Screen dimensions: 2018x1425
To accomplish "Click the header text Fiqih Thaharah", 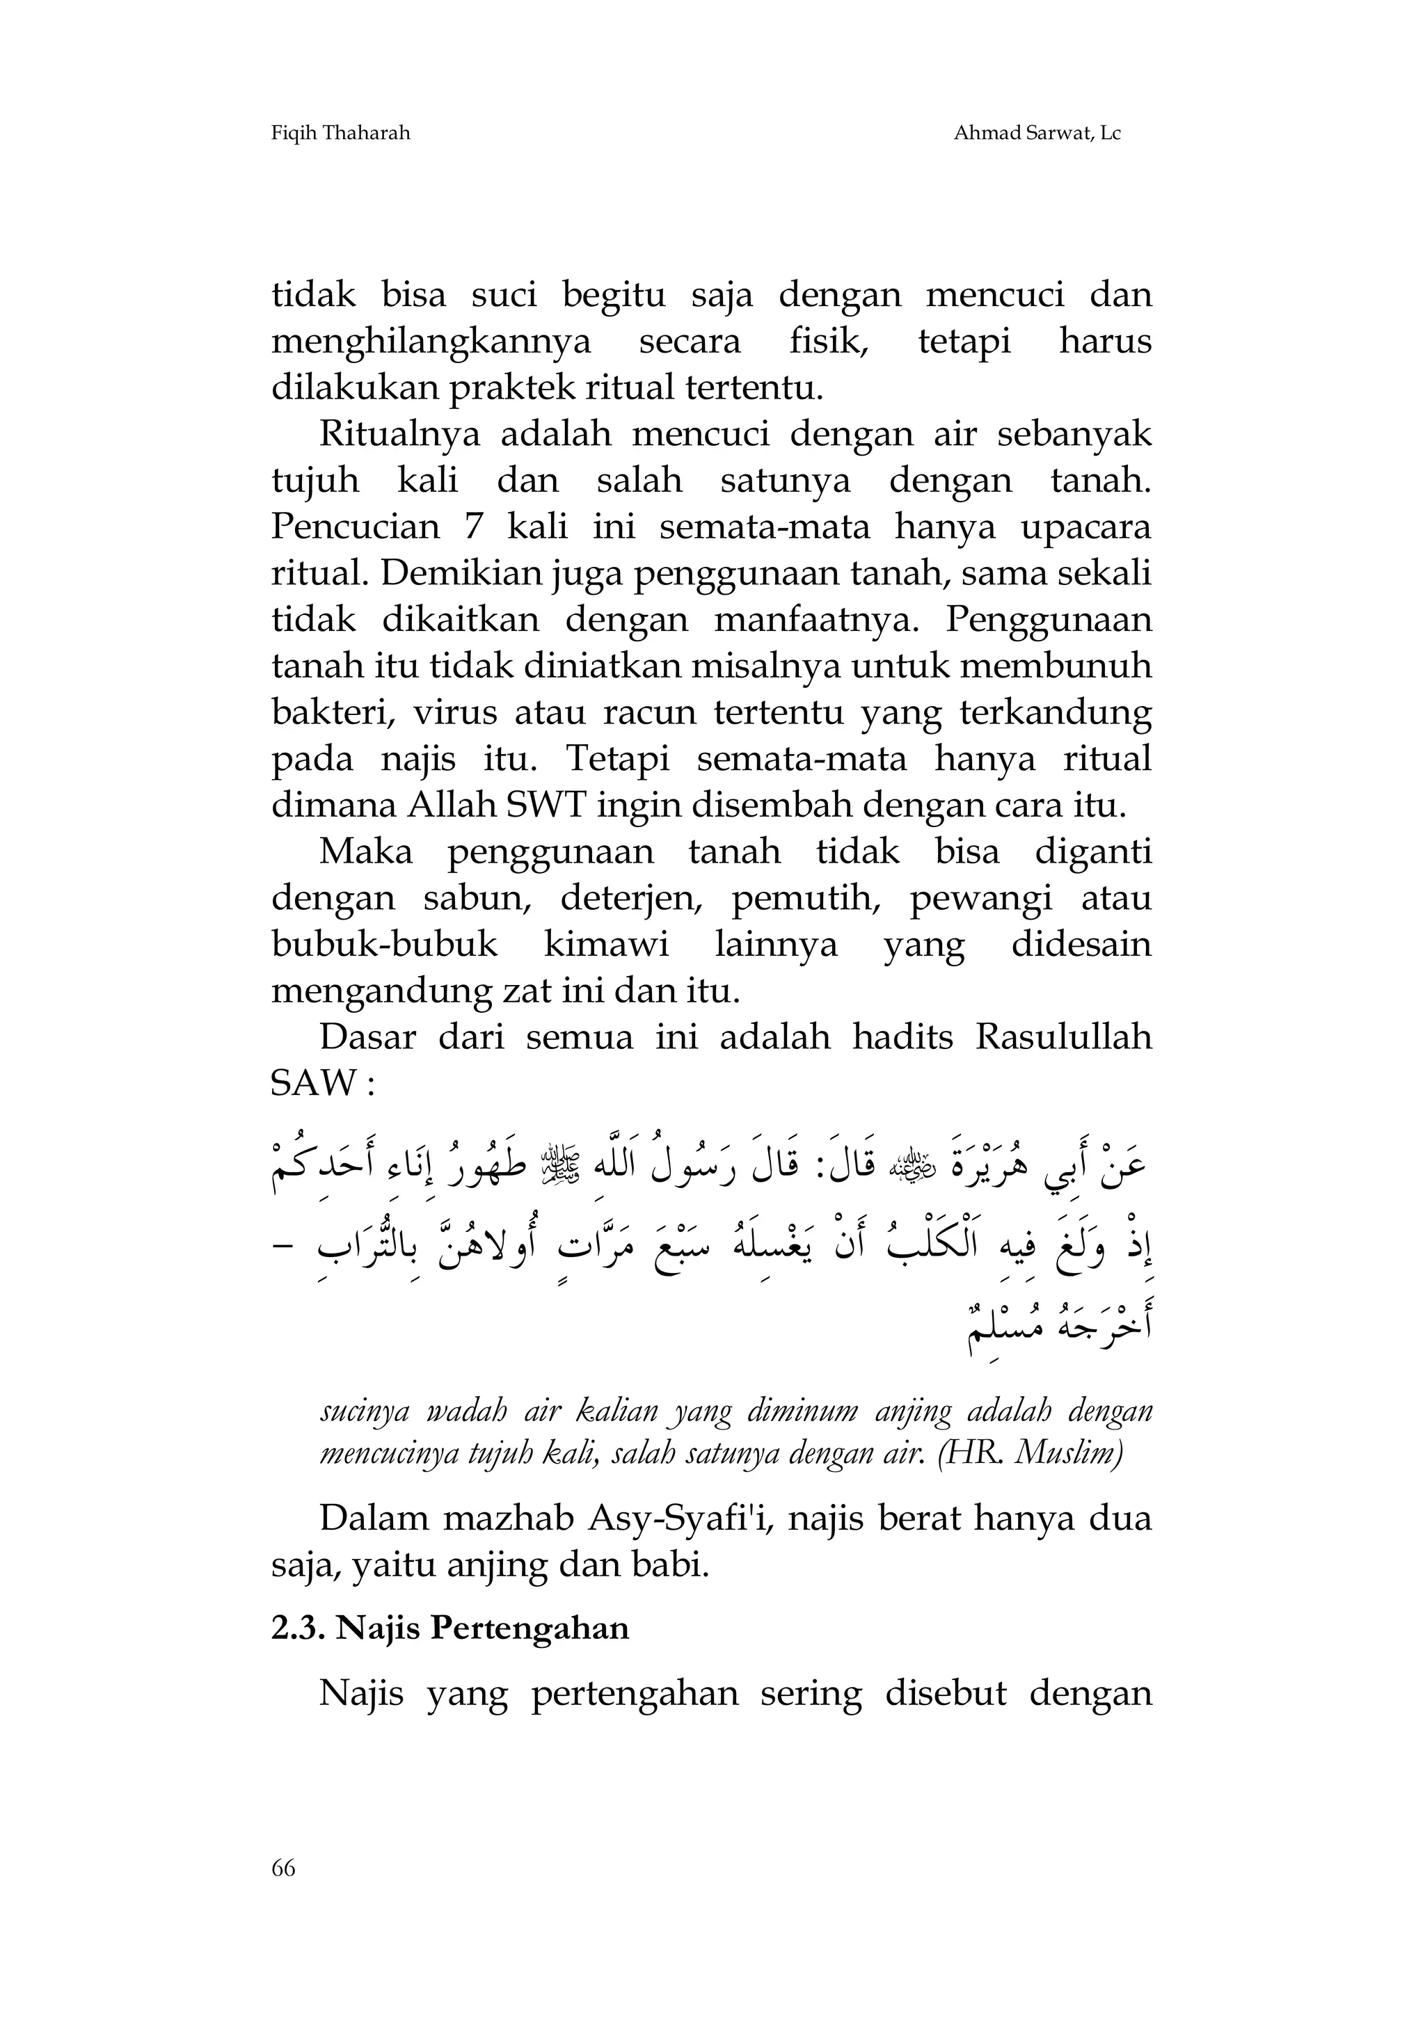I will pyautogui.click(x=340, y=134).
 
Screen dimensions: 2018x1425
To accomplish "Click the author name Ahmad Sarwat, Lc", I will pyautogui.click(x=1037, y=134).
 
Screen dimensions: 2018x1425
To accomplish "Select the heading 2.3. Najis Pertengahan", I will pyautogui.click(x=450, y=1628).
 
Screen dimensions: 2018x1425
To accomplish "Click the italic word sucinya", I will pyautogui.click(x=364, y=1411).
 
